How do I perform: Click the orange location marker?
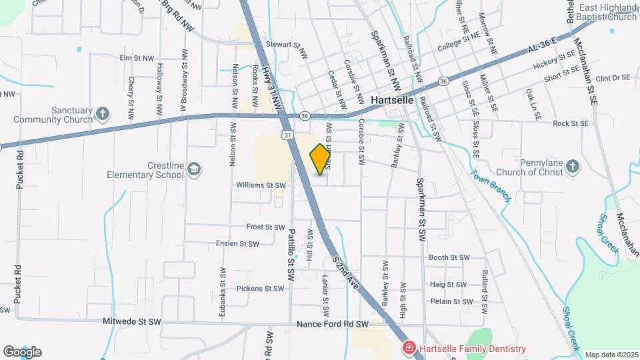pos(320,159)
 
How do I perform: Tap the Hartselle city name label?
pos(392,100)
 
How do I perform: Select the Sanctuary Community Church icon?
pos(102,113)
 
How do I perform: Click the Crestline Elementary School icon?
pos(193,169)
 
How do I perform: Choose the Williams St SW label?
pos(261,185)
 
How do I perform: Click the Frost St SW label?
pos(265,227)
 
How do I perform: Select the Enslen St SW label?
pos(237,244)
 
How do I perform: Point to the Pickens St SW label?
pos(261,289)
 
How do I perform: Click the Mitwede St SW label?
pos(132,321)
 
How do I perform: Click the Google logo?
pos(22,351)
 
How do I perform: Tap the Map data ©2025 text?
pos(611,355)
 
